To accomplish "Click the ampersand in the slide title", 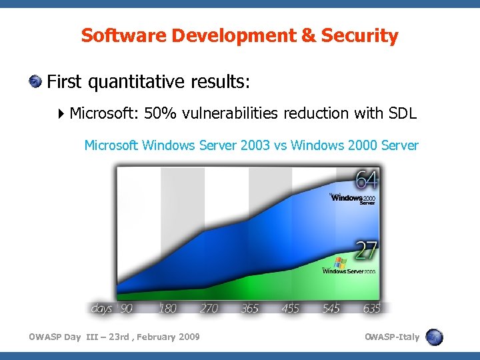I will coord(309,35).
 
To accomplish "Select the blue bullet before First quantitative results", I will coord(35,82).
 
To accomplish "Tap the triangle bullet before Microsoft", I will coord(61,113).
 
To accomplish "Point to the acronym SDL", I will coord(402,113).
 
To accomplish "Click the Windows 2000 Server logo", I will coord(353,199).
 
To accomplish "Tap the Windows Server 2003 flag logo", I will coord(341,264).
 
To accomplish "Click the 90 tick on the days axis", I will coord(126,309).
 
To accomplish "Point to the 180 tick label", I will coord(167,309).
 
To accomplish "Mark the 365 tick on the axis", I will coord(251,309).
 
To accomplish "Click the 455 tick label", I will coord(291,309).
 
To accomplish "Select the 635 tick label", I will coord(371,309).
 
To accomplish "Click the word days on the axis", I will coord(101,309).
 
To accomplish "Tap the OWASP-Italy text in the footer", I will coord(392,337).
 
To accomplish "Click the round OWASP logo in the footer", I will coord(434,337).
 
